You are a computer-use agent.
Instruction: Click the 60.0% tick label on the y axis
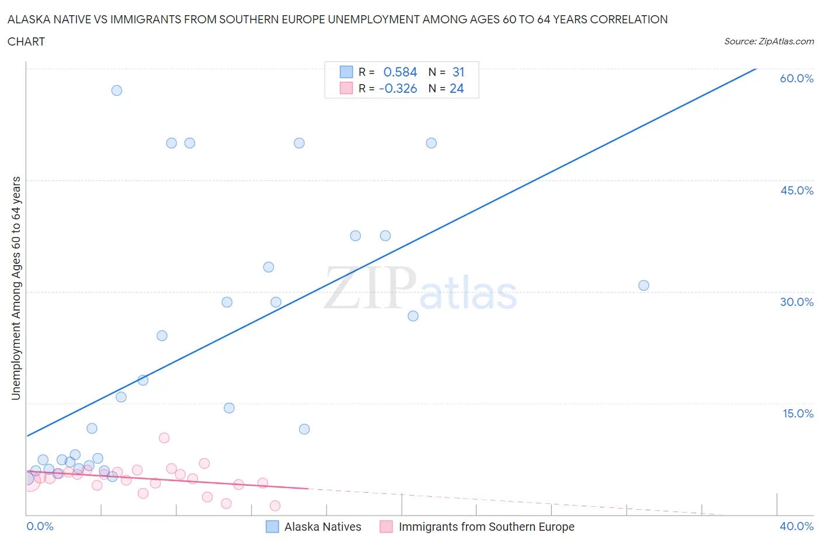pos(796,78)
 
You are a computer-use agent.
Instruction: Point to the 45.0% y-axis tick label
pos(796,190)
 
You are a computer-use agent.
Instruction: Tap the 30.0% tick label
pos(796,302)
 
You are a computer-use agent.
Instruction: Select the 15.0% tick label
pos(798,413)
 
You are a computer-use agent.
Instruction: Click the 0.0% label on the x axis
pos(40,526)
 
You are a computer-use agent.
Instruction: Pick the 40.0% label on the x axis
pos(796,526)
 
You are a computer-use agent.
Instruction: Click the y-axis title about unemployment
pos(16,288)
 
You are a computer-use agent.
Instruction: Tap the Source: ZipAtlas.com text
pos(768,41)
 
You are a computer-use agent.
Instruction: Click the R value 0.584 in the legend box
pos(400,72)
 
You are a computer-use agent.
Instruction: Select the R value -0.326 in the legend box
pos(398,88)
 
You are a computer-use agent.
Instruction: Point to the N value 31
pos(458,72)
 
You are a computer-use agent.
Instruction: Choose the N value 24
pos(457,88)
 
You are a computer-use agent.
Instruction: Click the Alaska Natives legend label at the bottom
pos(322,527)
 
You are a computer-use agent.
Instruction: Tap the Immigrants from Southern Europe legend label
pos(486,527)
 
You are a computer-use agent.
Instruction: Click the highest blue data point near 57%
pos(117,90)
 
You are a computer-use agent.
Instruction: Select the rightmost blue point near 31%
pos(643,286)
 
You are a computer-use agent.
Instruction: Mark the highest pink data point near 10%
pos(164,438)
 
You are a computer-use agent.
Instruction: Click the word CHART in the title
pos(26,41)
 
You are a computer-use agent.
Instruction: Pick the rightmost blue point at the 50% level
pos(432,143)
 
